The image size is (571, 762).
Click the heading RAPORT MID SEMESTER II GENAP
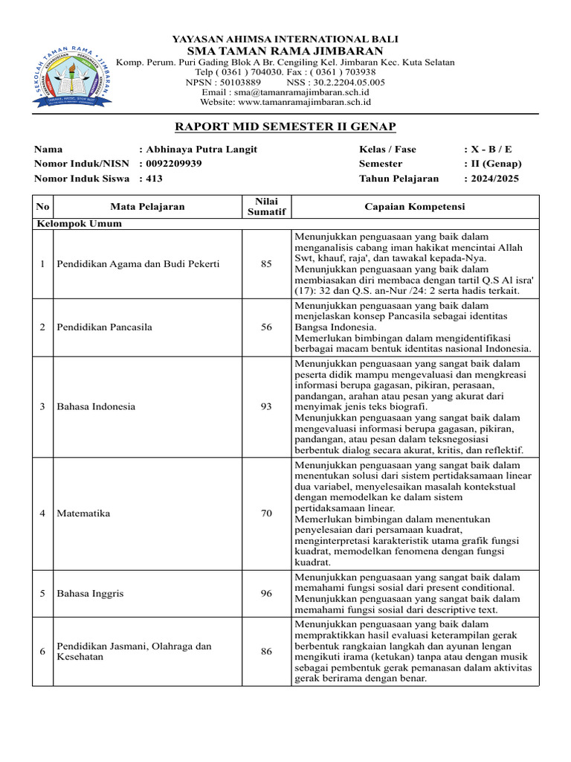tap(285, 127)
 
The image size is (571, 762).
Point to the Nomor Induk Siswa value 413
tap(154, 179)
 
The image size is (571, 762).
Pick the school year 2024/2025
tap(494, 179)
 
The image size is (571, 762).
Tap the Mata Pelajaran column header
tap(147, 207)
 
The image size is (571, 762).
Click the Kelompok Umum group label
tap(78, 223)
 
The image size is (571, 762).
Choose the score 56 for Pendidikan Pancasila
tap(266, 327)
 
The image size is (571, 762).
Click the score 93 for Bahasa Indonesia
tap(266, 407)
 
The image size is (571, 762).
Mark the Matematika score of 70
tap(266, 514)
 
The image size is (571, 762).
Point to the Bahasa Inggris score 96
tap(266, 594)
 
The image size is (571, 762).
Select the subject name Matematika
tap(83, 514)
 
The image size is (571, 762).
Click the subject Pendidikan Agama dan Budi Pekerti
tap(138, 263)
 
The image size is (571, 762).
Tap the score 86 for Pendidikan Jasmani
tap(266, 652)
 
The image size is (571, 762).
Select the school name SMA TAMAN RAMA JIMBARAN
tap(285, 51)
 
